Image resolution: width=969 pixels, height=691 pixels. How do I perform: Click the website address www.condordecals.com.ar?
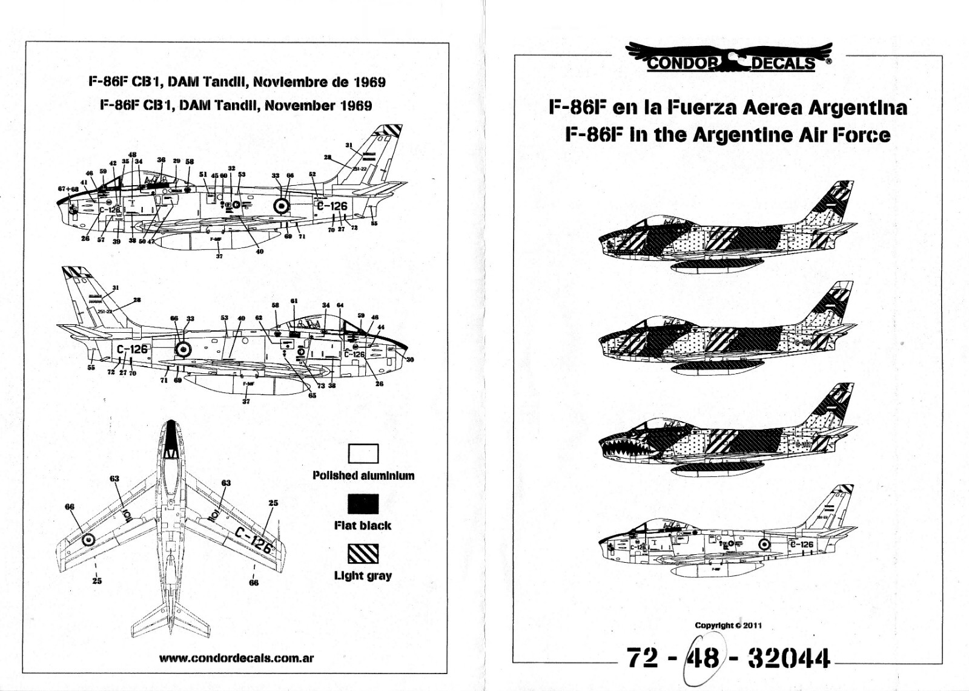(x=236, y=658)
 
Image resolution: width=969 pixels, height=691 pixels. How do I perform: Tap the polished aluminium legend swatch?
(x=363, y=454)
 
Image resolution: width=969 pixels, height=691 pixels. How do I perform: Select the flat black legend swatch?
(x=363, y=504)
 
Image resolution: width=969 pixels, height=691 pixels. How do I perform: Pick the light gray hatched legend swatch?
(x=363, y=554)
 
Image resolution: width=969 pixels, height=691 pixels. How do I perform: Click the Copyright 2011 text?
(x=727, y=625)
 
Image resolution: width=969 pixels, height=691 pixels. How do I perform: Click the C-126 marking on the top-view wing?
(x=253, y=540)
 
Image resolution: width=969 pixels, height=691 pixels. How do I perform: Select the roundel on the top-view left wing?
(x=88, y=540)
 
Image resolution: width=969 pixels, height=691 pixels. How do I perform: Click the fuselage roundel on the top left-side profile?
(x=281, y=206)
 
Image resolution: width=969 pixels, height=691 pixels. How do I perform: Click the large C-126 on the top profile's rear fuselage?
(x=332, y=206)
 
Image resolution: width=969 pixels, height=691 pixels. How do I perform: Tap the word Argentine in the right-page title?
(x=747, y=134)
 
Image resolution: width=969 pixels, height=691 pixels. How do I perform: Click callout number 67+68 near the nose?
(x=68, y=189)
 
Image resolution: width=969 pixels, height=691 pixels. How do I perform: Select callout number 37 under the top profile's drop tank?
(x=219, y=256)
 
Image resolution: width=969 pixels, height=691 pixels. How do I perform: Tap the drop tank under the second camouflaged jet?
(x=715, y=365)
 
